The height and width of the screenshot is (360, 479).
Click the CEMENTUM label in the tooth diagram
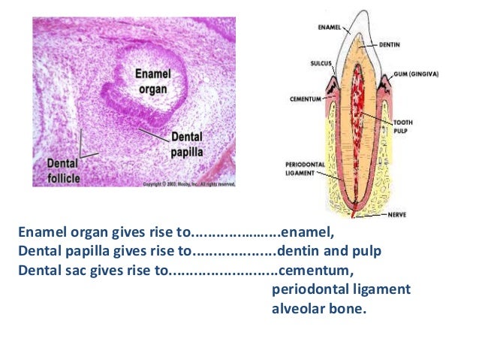click(306, 98)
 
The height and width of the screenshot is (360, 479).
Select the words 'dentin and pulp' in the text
click(330, 251)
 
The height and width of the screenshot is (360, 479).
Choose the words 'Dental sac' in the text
click(47, 269)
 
